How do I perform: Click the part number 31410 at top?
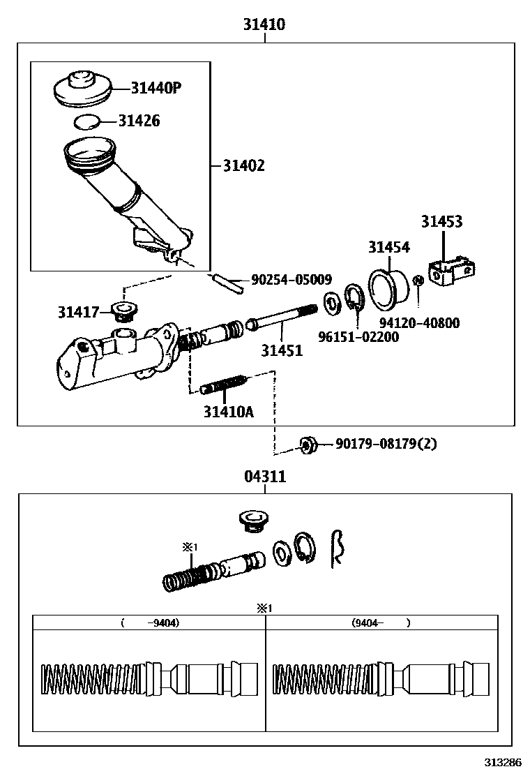coord(264,25)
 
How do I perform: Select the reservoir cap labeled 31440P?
coord(83,89)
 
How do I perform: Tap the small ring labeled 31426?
coord(87,122)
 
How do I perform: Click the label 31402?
coord(243,165)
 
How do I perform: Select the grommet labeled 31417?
coord(126,311)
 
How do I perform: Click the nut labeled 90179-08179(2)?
coord(307,444)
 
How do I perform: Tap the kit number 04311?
coord(265,477)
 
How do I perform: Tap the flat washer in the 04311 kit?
coord(282,553)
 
